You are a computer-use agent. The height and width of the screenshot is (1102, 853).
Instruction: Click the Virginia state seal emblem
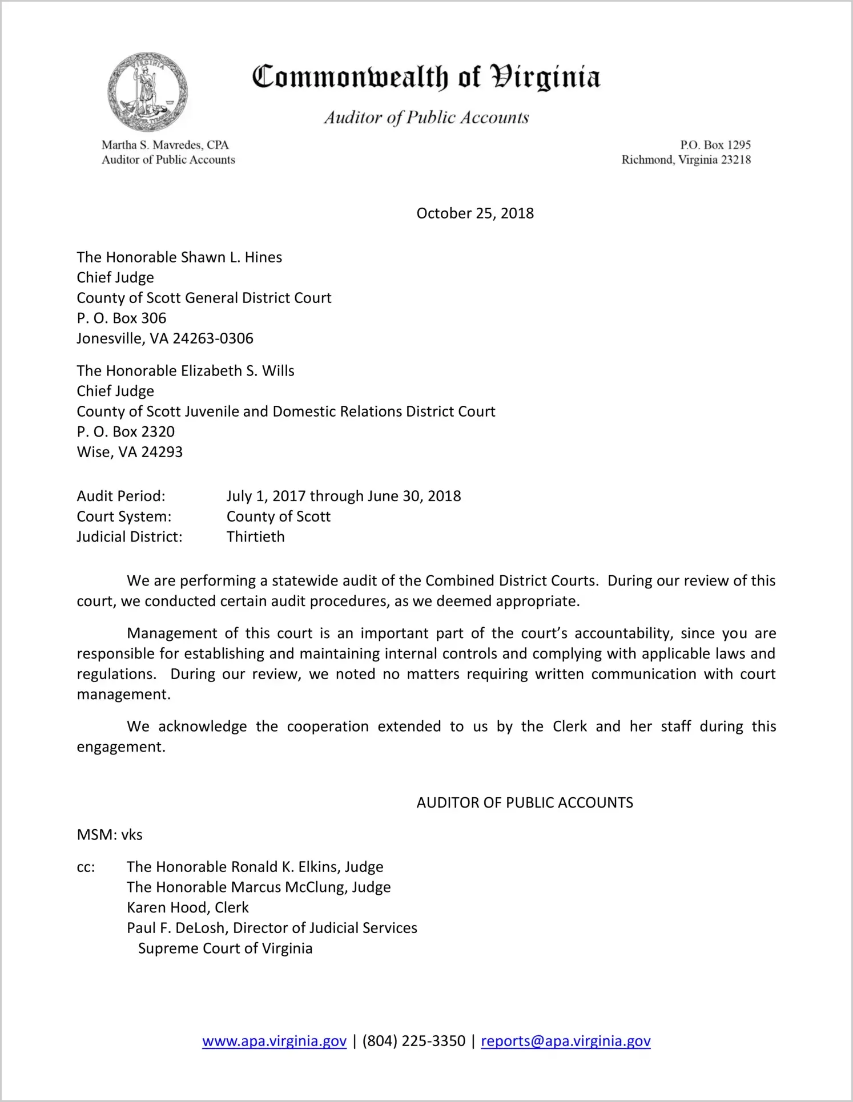147,92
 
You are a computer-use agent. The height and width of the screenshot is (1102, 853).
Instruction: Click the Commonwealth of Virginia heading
426,77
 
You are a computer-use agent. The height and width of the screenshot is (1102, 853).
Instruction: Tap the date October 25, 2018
475,213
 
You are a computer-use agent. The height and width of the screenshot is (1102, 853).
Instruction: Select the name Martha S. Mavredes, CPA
165,145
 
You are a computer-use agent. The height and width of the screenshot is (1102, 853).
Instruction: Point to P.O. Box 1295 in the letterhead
715,145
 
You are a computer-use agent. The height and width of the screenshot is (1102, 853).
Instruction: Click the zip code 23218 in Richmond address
735,160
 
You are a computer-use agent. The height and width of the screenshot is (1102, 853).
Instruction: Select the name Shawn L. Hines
231,257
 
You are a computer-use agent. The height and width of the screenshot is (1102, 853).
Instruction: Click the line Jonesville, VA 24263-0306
165,338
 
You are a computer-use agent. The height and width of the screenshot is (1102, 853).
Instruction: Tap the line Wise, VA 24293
130,452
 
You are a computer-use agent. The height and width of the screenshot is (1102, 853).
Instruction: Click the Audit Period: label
121,496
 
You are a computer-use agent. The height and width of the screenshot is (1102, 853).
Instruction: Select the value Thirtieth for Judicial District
255,537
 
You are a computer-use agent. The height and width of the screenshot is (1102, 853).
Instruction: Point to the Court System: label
124,516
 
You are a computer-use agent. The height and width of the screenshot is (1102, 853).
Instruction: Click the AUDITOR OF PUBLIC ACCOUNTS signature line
525,803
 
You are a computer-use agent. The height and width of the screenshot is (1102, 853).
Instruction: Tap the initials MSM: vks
110,835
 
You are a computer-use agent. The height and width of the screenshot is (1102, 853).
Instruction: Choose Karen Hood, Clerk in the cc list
188,907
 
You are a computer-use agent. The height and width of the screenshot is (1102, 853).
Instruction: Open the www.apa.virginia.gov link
274,1041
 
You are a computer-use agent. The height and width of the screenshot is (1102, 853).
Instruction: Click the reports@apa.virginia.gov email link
565,1041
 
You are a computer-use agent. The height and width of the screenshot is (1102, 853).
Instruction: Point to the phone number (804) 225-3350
413,1041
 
